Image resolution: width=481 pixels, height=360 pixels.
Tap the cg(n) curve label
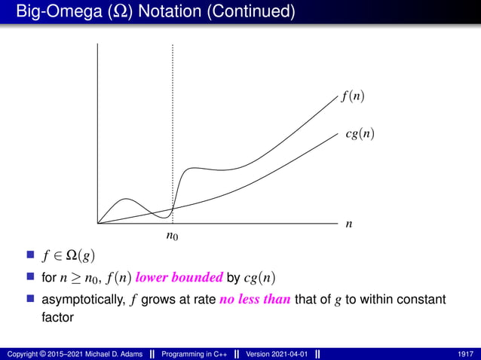pos(359,134)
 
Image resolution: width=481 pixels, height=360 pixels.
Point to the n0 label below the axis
pos(173,237)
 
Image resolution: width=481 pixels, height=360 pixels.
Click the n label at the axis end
pos(348,224)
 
